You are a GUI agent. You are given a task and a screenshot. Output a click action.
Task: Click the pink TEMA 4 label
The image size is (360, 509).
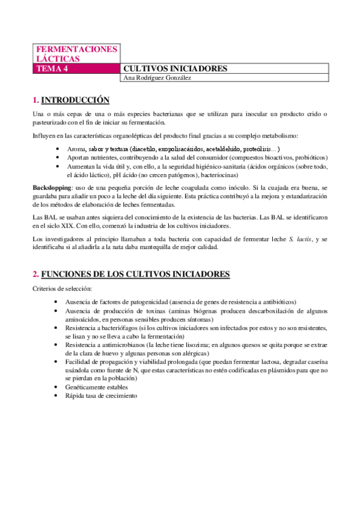tap(53, 68)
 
